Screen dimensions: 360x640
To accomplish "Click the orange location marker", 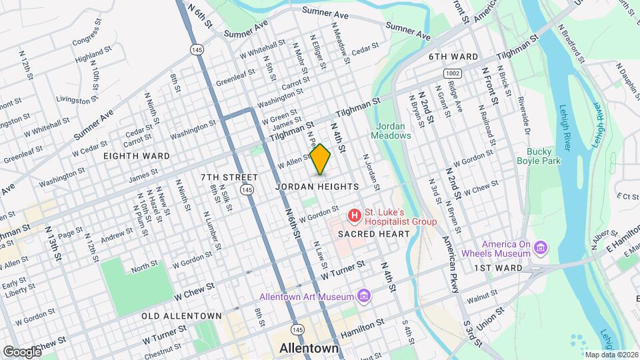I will click(x=321, y=159).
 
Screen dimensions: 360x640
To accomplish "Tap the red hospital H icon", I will click(x=354, y=216).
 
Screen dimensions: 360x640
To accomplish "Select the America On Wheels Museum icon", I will click(x=541, y=249).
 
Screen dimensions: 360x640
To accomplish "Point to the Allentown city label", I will click(x=309, y=348).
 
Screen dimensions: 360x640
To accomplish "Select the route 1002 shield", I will click(x=453, y=72).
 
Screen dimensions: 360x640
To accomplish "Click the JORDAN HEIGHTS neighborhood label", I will click(x=317, y=187).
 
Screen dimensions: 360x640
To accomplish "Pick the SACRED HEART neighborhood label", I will click(x=367, y=234).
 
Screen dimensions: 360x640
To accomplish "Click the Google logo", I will click(x=22, y=351).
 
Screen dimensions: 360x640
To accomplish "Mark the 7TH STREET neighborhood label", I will click(x=229, y=177).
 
